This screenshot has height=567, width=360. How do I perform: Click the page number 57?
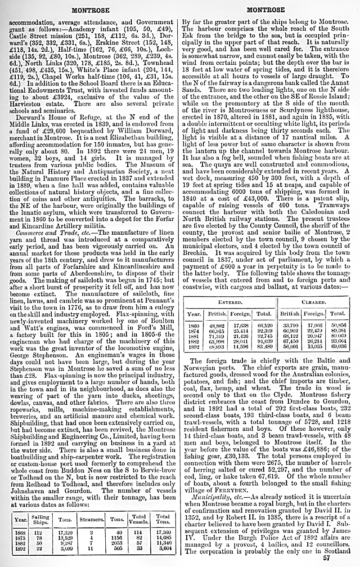click(326, 558)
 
